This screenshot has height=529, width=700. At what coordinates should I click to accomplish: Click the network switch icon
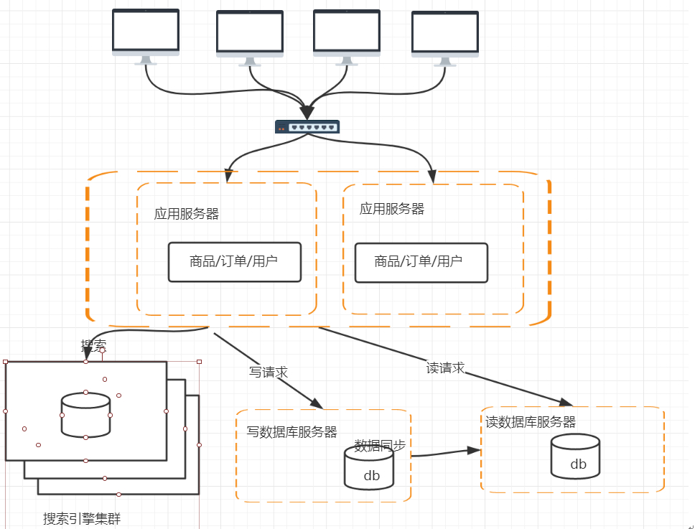tap(307, 127)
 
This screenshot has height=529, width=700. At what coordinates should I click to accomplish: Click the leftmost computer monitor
tap(146, 33)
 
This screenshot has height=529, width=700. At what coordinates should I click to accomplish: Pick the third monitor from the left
tap(347, 33)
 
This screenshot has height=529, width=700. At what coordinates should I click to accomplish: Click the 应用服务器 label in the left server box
tap(187, 214)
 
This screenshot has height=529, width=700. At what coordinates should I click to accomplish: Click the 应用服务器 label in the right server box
tap(392, 209)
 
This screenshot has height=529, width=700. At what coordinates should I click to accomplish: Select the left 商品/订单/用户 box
tap(234, 261)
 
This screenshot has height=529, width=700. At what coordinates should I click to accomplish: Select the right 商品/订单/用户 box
tap(421, 262)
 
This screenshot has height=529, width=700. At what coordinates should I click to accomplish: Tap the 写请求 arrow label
tap(269, 373)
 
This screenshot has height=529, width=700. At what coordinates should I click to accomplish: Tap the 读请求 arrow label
tap(445, 368)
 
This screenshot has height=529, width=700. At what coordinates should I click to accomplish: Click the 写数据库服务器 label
tap(292, 432)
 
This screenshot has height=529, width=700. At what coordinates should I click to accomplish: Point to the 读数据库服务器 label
tap(531, 422)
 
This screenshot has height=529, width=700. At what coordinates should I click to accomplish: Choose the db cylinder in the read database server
tap(575, 457)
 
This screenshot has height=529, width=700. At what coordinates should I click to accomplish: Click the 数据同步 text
tap(381, 445)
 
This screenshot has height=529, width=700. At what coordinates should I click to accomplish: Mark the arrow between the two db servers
tap(445, 453)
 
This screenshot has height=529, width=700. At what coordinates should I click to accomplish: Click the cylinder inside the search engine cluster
tap(85, 415)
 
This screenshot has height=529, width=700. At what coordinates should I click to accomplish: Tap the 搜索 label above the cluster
tap(93, 345)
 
